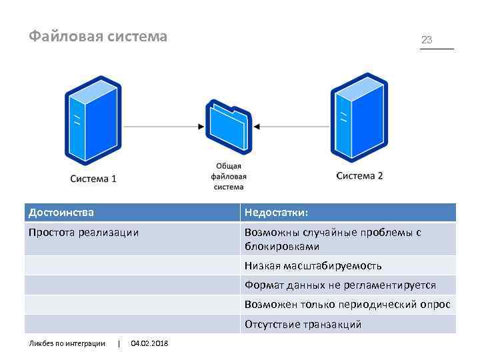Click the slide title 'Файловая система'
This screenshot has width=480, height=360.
[98, 37]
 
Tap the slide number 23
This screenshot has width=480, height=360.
[427, 40]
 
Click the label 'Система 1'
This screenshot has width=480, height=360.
[93, 179]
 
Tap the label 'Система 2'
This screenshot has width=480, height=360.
[359, 176]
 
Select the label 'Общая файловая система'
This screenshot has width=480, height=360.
[229, 177]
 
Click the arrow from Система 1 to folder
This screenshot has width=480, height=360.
[163, 125]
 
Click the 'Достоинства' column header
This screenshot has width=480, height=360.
[61, 213]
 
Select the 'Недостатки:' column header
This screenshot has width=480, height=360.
[276, 213]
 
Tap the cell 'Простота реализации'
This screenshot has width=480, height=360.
[84, 233]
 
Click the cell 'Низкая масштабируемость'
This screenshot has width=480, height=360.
[313, 265]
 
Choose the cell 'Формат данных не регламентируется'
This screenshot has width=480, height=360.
[340, 285]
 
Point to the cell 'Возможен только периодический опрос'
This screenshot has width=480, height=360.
[347, 305]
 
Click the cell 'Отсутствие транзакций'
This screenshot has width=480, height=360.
[303, 325]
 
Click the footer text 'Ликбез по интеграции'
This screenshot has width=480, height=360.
[67, 343]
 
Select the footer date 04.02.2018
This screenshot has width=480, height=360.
[149, 343]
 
